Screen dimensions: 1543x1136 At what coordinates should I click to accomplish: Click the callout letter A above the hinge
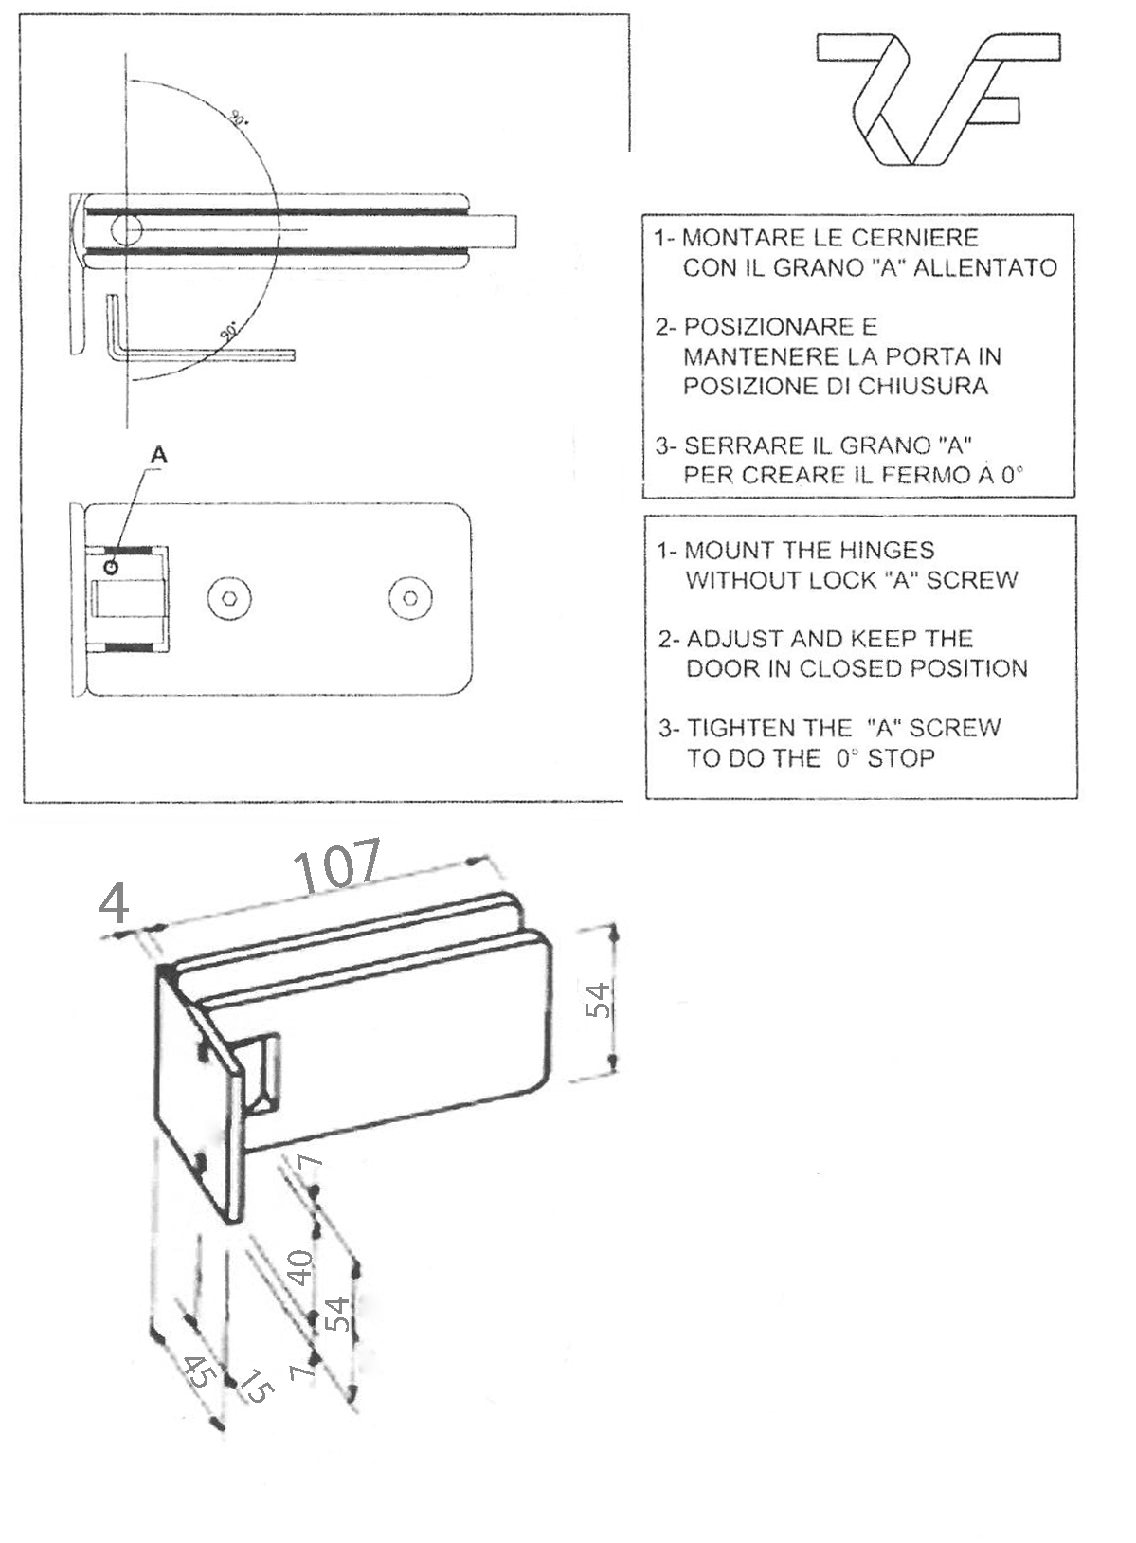pyautogui.click(x=159, y=455)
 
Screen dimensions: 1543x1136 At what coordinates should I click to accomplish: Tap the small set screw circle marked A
pyautogui.click(x=113, y=567)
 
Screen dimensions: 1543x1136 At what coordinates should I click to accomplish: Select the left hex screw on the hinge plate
pyautogui.click(x=228, y=598)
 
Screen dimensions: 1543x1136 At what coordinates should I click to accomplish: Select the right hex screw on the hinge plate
pyautogui.click(x=410, y=598)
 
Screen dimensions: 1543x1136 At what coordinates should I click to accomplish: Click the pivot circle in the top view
pyautogui.click(x=126, y=229)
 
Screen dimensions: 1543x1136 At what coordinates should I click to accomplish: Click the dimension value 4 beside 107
pyautogui.click(x=114, y=902)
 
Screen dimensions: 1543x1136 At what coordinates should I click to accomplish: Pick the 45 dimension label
pyautogui.click(x=198, y=1373)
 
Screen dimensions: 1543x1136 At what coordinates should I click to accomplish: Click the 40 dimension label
pyautogui.click(x=300, y=1267)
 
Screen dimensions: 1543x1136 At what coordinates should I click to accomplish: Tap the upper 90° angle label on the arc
pyautogui.click(x=238, y=118)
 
